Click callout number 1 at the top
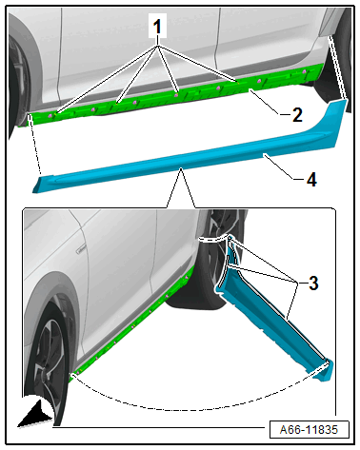(157, 27)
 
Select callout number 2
(297, 115)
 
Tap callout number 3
(313, 283)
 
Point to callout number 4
(311, 180)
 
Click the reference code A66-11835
(309, 430)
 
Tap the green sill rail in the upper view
(178, 92)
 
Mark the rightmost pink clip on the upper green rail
(305, 71)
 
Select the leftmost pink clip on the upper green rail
(50, 116)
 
